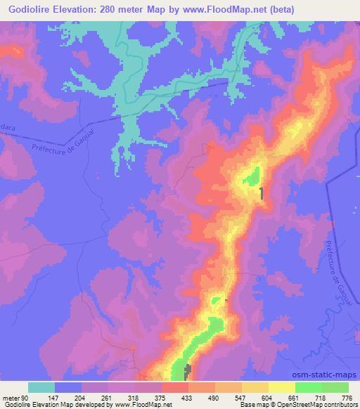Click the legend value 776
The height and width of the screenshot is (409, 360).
[346, 397]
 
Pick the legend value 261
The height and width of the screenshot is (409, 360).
[107, 397]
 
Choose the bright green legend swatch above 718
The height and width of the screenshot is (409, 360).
[308, 387]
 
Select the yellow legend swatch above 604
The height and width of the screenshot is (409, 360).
[255, 387]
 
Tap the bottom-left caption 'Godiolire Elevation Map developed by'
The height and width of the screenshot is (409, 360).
[44, 405]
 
